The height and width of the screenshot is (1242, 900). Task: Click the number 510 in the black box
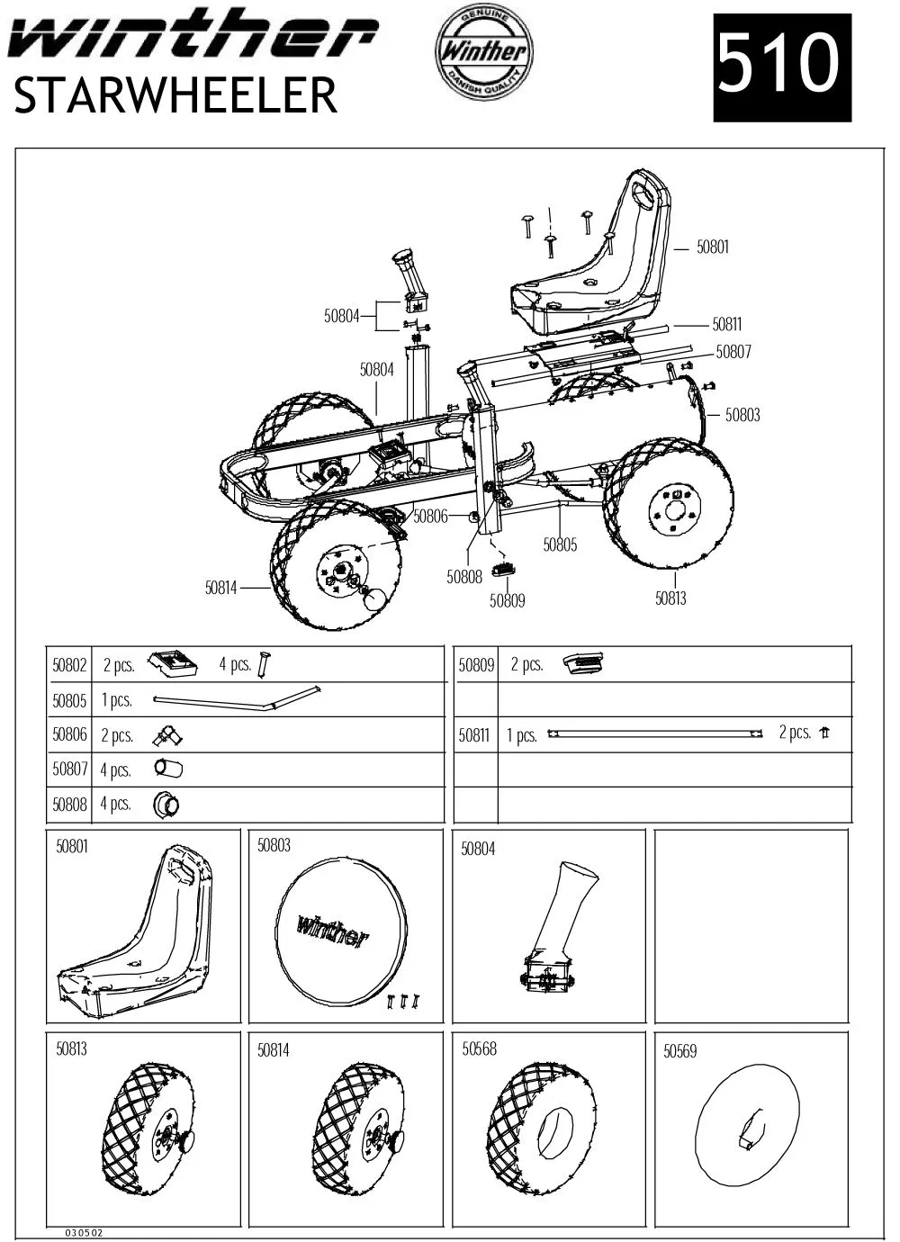(781, 67)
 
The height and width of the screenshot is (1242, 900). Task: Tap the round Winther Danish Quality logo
(483, 51)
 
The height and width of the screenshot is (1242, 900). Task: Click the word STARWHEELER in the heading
(176, 95)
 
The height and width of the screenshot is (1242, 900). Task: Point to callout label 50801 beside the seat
(713, 247)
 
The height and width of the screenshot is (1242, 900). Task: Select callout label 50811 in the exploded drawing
(727, 325)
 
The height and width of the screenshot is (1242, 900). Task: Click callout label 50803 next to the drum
(742, 415)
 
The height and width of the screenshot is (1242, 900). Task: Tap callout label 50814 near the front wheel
(221, 589)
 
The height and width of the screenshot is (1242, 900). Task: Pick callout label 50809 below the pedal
(507, 600)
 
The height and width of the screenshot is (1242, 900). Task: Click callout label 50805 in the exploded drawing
(560, 544)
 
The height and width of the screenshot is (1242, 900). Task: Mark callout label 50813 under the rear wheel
(670, 598)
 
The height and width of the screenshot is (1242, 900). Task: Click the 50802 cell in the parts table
(69, 665)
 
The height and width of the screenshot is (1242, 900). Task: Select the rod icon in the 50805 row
(237, 698)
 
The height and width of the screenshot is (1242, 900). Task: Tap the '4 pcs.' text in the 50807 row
(116, 769)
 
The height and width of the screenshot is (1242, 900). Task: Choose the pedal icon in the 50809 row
(584, 664)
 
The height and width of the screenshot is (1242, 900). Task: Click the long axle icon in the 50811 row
(656, 733)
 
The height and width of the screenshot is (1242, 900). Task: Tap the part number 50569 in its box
(679, 1051)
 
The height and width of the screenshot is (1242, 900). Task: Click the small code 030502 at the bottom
(84, 1233)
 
